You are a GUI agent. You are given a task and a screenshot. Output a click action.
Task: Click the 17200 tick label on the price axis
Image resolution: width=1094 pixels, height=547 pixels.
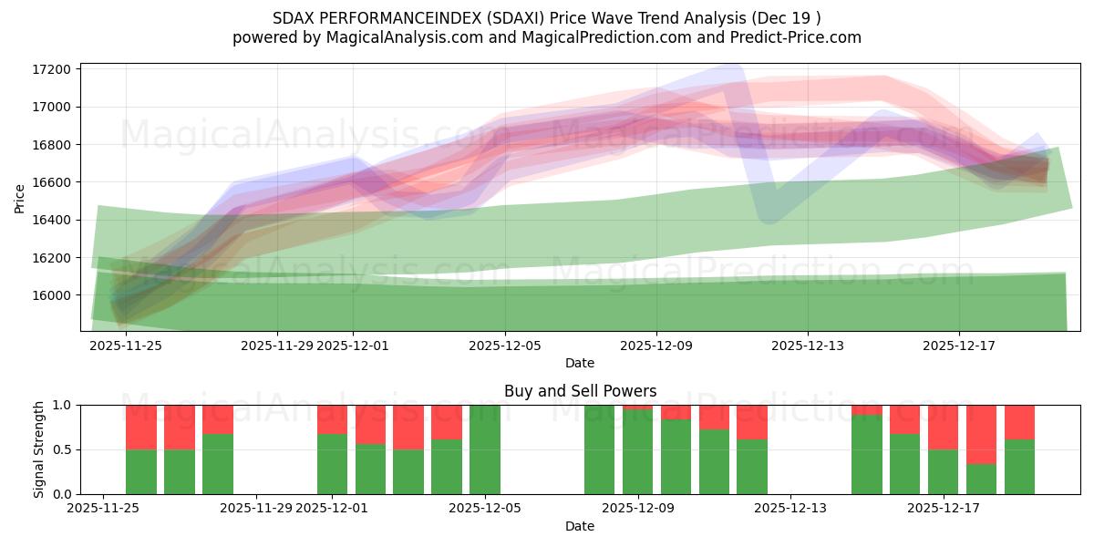53,69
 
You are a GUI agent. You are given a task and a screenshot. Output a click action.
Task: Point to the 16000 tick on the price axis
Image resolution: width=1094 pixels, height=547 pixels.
53,295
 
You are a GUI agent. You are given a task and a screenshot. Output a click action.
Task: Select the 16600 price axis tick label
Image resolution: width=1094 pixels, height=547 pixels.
53,182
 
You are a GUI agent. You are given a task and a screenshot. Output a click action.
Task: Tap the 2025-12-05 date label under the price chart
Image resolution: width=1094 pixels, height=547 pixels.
505,346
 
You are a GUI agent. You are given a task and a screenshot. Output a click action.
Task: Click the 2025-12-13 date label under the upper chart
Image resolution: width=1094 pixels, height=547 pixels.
807,346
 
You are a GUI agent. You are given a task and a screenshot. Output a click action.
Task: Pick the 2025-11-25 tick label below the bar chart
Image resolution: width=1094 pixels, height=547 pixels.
103,509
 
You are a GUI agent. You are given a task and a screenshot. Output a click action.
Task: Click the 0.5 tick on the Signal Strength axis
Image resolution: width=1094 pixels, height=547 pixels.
64,449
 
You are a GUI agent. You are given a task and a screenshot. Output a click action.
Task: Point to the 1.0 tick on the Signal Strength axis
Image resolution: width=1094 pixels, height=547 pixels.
64,405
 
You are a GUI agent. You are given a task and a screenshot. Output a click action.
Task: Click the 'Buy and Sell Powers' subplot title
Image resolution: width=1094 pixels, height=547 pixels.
580,391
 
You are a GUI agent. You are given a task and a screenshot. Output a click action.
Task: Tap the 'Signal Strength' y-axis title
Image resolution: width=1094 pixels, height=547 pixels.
38,449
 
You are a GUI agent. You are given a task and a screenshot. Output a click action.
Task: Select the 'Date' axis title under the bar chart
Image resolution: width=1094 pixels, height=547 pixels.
580,526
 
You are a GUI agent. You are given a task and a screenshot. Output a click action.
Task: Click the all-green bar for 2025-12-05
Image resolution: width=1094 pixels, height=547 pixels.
485,449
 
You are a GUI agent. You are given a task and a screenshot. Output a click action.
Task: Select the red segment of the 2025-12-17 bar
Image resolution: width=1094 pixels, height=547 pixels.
981,434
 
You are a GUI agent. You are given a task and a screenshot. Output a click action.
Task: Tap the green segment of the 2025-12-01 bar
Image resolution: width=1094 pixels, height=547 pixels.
333,464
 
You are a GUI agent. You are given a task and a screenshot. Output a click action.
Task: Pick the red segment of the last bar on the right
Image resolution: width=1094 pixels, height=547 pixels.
1019,421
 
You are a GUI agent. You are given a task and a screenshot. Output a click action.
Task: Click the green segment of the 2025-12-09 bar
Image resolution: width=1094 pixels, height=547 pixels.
638,452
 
